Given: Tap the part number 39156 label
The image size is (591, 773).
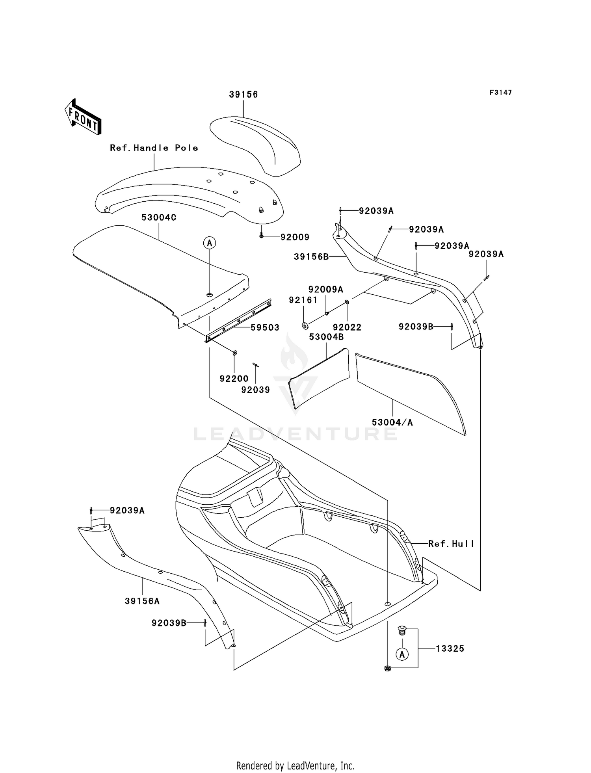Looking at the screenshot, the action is (x=243, y=95).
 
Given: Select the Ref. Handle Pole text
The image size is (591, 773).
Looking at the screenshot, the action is (x=154, y=148).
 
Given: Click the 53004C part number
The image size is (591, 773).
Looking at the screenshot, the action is (x=159, y=217).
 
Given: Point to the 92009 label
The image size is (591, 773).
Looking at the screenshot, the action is (x=295, y=237).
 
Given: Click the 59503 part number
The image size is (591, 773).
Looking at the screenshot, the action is (x=265, y=327).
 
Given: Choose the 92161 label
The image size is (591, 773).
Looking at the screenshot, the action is (x=303, y=300).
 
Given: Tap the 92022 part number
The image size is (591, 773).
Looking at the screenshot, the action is (x=347, y=327).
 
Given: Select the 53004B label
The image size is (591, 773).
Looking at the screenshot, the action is (x=326, y=337).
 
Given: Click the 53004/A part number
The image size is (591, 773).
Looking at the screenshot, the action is (x=392, y=422).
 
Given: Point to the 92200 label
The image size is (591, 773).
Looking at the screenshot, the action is (x=234, y=379).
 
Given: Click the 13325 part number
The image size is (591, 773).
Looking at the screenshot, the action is (x=450, y=649).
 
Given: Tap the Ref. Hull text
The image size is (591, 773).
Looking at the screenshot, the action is (x=451, y=544).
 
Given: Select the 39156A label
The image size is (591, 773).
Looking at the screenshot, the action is (x=142, y=601).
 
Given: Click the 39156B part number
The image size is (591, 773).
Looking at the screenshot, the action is (x=311, y=257).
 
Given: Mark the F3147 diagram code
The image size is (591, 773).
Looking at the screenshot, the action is (x=501, y=93).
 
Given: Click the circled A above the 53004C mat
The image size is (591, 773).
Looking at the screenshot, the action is (x=210, y=243).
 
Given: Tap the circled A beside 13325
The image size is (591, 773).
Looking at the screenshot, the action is (x=402, y=654).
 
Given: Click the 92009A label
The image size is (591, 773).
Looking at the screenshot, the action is (x=325, y=290).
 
